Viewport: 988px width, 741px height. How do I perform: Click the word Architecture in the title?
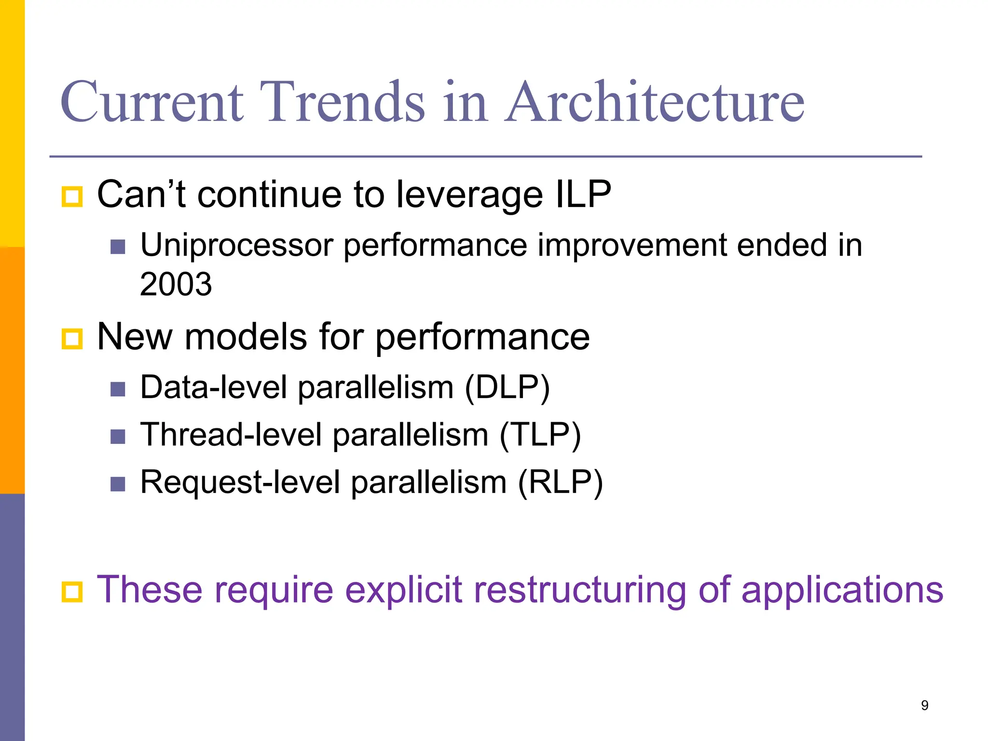click(x=655, y=102)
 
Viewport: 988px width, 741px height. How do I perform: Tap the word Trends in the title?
click(x=343, y=102)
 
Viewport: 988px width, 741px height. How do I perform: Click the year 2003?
click(x=176, y=284)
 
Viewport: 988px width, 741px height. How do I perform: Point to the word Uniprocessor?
click(x=237, y=246)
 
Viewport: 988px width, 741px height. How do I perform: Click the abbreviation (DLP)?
click(x=507, y=388)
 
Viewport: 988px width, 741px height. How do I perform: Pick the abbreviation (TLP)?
click(x=540, y=435)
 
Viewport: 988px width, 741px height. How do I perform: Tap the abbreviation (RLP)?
click(x=560, y=482)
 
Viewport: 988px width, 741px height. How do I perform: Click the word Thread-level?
click(x=231, y=435)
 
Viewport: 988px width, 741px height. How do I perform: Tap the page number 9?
click(x=924, y=705)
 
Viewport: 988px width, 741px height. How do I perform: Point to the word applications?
click(x=842, y=590)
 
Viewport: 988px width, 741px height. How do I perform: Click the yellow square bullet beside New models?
click(x=72, y=339)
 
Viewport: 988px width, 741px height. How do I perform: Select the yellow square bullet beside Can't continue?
click(x=72, y=197)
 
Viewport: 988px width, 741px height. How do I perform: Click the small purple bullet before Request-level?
click(x=118, y=484)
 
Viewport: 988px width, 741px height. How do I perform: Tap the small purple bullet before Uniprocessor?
click(x=118, y=247)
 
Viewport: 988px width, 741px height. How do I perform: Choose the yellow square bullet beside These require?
click(x=72, y=592)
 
